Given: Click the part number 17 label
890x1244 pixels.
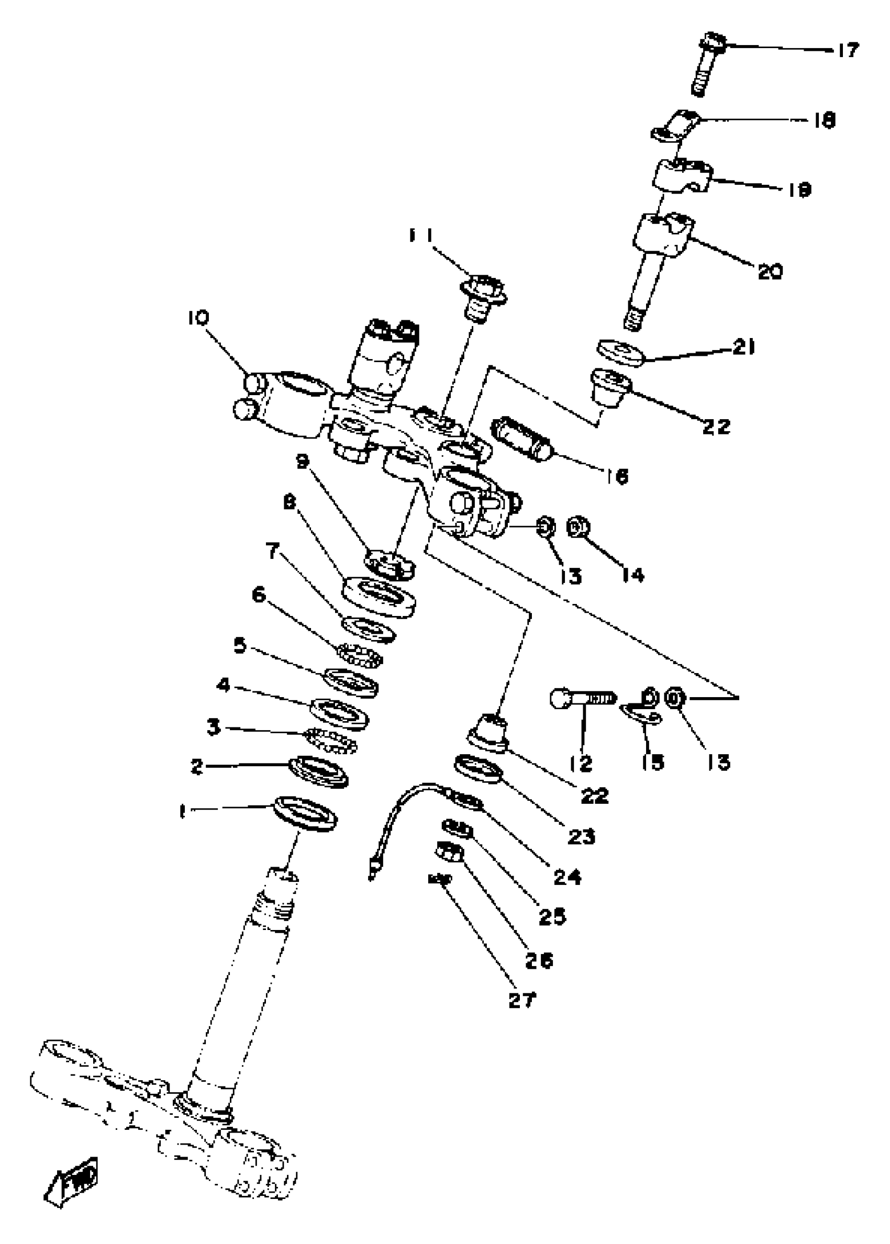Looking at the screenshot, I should [x=847, y=50].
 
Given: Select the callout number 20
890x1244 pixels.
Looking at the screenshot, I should [x=770, y=271].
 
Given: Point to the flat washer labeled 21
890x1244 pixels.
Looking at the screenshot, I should [x=620, y=353].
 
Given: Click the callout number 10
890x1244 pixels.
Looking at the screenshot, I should [x=198, y=318].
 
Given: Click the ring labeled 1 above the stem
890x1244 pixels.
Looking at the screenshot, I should [x=305, y=814].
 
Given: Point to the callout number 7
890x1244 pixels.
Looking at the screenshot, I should [x=273, y=551].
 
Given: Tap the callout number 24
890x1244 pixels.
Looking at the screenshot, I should [x=567, y=878].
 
